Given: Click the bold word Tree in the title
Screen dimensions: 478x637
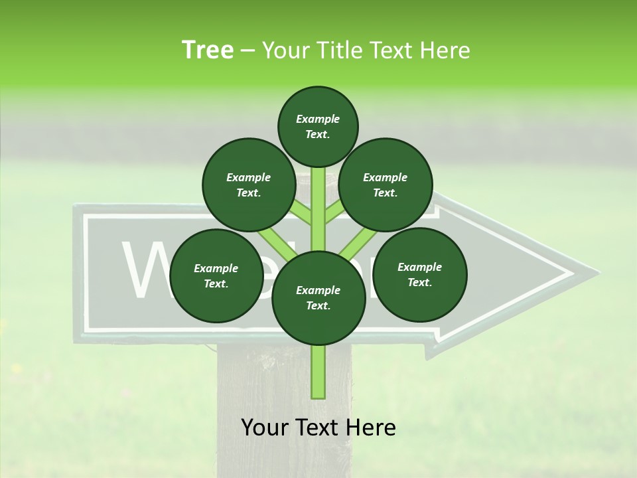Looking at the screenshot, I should (208, 50).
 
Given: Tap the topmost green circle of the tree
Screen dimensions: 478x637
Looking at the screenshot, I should (318, 126).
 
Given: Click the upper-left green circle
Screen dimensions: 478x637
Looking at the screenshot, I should (248, 185).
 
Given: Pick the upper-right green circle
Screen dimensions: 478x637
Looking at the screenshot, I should (385, 185).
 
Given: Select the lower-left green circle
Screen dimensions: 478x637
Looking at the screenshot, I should (216, 276).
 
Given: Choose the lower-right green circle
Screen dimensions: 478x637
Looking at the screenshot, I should (419, 274).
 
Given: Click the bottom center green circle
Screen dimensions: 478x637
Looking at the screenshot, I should (318, 297).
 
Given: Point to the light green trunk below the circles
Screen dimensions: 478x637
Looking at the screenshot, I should (318, 372).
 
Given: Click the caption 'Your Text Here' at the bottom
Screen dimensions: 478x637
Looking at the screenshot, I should (318, 428).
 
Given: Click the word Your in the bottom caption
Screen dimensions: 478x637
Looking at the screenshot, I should (265, 428).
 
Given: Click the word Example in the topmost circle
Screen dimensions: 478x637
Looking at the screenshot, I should (318, 119).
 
